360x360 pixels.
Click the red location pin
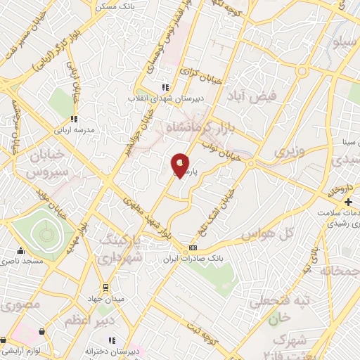181,165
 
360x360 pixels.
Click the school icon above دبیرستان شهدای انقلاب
165,87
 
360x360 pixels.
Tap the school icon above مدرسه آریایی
73,119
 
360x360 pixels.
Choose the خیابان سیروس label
49,162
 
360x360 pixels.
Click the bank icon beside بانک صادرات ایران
193,250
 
